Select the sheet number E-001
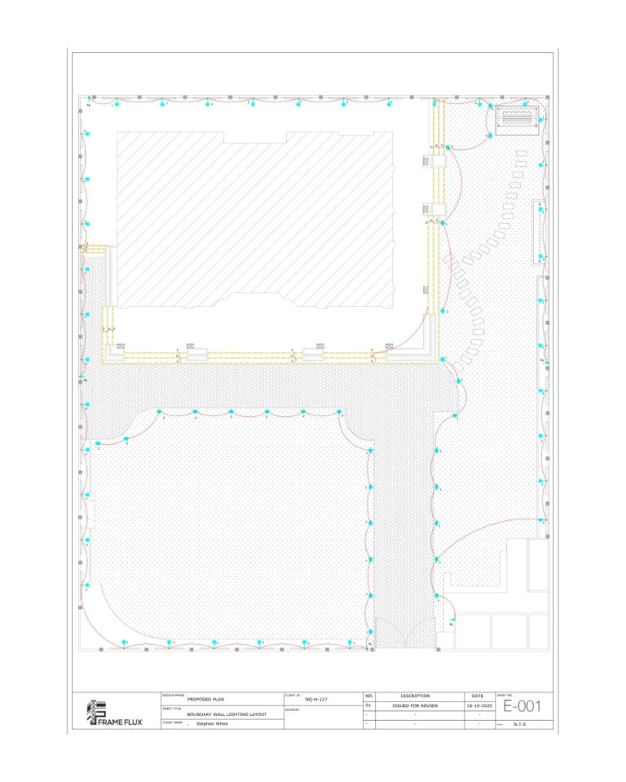[522, 706]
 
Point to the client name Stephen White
[212, 723]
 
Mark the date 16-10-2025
[478, 706]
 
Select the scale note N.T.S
[519, 723]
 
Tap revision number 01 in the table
[368, 706]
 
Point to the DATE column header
[478, 696]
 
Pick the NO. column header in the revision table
[368, 696]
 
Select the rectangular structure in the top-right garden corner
[518, 119]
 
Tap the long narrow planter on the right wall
[539, 232]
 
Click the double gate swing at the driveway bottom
[405, 631]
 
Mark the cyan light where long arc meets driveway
[437, 560]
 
